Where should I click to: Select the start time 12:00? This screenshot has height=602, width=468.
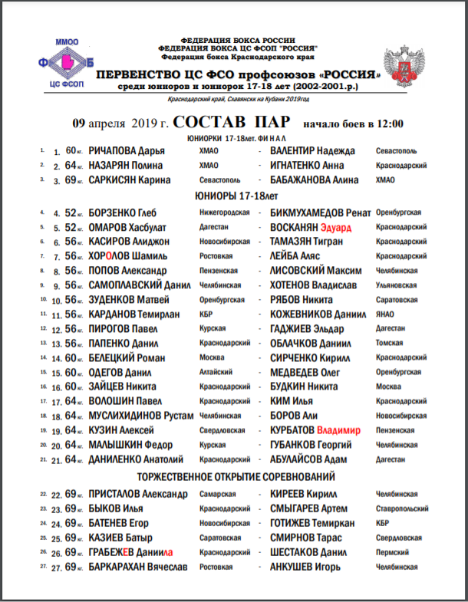point(388,123)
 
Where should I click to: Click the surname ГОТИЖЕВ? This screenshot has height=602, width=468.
point(292,523)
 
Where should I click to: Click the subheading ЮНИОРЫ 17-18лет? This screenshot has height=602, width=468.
point(238,196)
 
